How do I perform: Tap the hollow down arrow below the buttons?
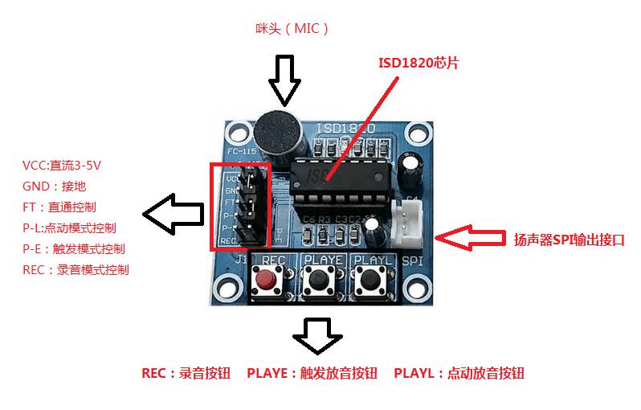[x=317, y=336]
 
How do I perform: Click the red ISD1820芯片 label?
[x=418, y=63]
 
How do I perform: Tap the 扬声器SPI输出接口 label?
[x=568, y=239]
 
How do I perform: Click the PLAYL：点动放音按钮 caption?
[x=459, y=374]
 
